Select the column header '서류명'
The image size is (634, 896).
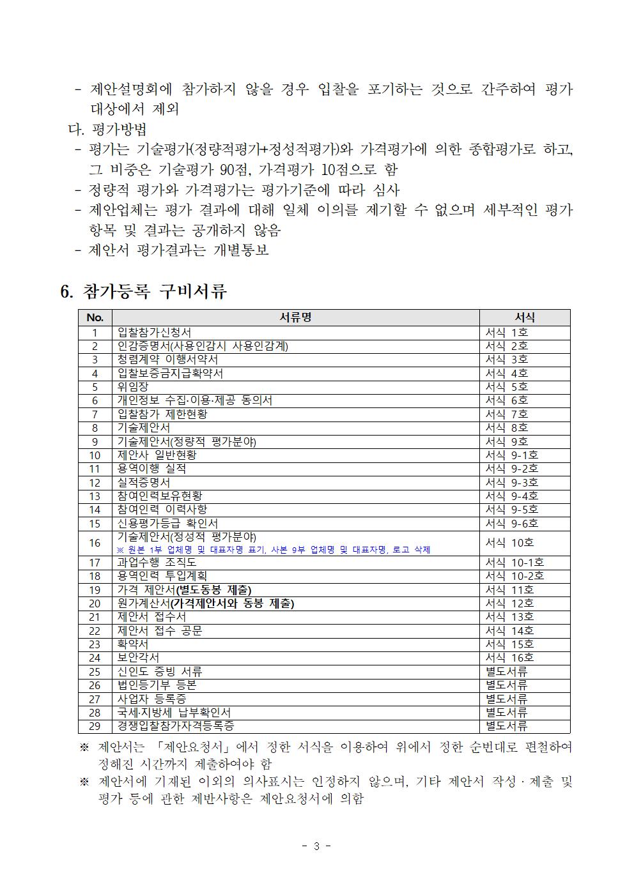click(295, 317)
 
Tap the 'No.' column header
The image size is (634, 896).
click(95, 317)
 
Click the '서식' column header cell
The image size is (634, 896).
click(524, 317)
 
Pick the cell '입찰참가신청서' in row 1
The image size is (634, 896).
click(154, 332)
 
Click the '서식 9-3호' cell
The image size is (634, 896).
click(511, 482)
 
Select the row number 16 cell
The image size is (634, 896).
click(95, 543)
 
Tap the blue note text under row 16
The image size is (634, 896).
click(274, 549)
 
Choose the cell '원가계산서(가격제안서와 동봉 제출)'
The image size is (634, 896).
click(206, 603)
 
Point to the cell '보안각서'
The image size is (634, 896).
click(138, 657)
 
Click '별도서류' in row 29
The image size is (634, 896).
click(506, 725)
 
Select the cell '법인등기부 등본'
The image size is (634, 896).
click(157, 685)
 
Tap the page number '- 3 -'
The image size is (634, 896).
click(316, 846)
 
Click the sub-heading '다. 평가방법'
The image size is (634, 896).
click(107, 129)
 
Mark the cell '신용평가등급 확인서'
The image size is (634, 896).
click(167, 523)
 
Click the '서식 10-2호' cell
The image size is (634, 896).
click(514, 575)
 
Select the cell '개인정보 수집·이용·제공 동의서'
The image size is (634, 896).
click(195, 400)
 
